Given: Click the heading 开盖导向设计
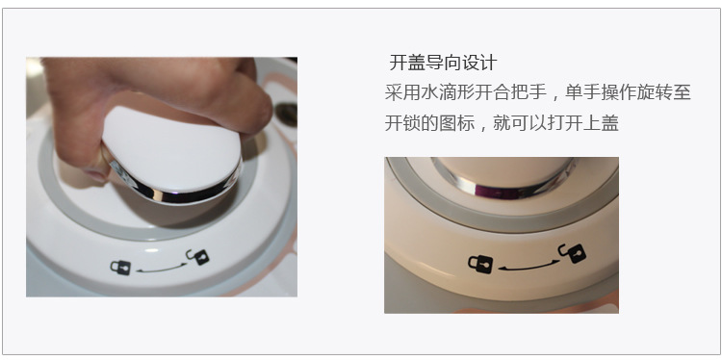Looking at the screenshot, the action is coord(443,63).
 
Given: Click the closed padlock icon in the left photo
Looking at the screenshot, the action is coord(120,267).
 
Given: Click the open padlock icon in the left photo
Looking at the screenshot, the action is coord(197,256).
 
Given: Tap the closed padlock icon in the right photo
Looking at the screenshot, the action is coord(480,264).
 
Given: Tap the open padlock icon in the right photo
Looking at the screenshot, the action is coord(572,253).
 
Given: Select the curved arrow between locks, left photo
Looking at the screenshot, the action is coord(161,269).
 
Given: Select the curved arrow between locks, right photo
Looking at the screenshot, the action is coord(529,266).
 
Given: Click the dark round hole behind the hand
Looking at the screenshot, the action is coord(286,115).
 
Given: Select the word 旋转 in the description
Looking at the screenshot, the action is coord(656,92).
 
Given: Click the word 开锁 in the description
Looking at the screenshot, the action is coord(402,123).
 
